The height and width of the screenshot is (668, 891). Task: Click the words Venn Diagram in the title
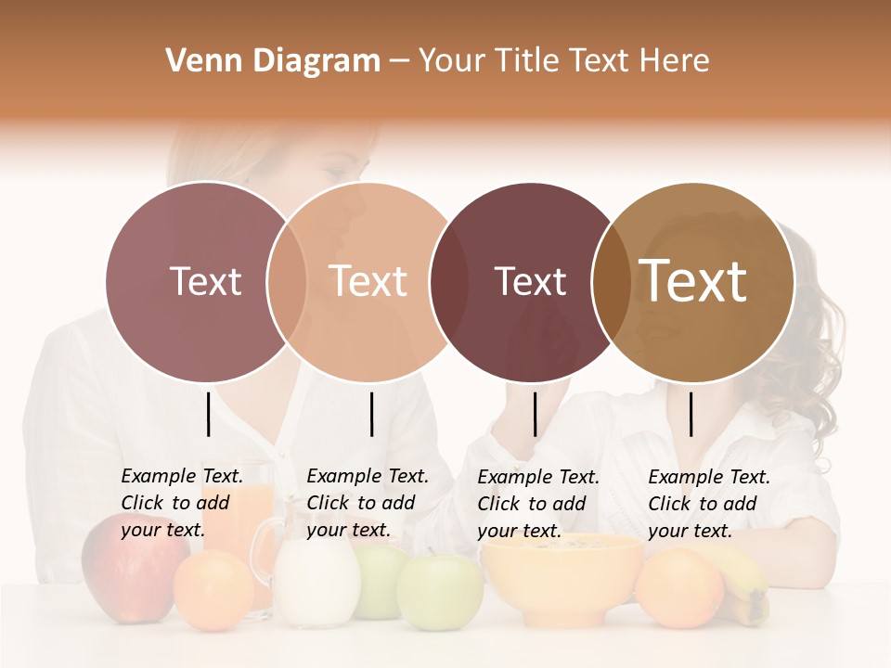coord(273,61)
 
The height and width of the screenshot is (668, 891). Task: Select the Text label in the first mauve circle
coord(205,281)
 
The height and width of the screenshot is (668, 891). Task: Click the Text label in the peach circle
coord(368,281)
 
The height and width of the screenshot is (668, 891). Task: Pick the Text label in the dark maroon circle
coord(530,281)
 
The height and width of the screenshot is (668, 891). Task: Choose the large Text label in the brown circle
coord(693,280)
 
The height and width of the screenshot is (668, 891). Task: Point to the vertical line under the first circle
coord(208,414)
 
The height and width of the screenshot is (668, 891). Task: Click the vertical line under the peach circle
coord(371,414)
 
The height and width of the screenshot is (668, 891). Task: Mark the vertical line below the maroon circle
coord(535,414)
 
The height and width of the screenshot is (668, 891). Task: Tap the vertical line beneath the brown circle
coord(691,414)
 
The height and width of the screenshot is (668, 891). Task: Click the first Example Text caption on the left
coord(181,503)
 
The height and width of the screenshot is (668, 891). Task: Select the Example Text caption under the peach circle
coord(367,503)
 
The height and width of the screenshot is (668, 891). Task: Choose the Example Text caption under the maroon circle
coord(537,504)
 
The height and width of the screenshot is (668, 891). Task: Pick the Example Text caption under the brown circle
coord(708,504)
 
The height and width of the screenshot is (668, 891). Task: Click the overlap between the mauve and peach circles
coord(286,281)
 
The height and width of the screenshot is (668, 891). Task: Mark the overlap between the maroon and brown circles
coord(611,281)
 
